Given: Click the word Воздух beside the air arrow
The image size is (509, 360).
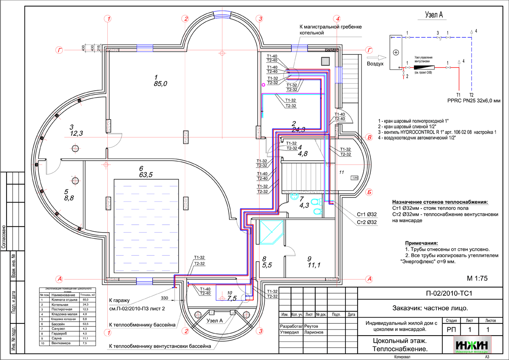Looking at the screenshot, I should point(375,64).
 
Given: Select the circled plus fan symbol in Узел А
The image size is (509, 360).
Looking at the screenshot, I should point(396,52).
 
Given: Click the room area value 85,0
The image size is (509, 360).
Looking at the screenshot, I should point(160,83).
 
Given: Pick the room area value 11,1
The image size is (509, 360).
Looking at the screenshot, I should point(314,265).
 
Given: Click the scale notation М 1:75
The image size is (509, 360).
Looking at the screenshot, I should point(477,278).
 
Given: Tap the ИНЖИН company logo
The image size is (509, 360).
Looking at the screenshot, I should point(472,345).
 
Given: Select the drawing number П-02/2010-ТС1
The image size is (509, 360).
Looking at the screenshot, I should point(449,293).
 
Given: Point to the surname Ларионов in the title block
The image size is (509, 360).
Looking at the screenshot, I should point(307,332).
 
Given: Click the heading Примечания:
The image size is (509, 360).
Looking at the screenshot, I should point(421,243).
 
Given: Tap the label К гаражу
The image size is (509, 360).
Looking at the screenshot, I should point(120,301).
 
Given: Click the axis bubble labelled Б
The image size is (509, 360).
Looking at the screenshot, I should point(369,191).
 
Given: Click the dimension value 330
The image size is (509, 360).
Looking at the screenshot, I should point(164,298).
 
